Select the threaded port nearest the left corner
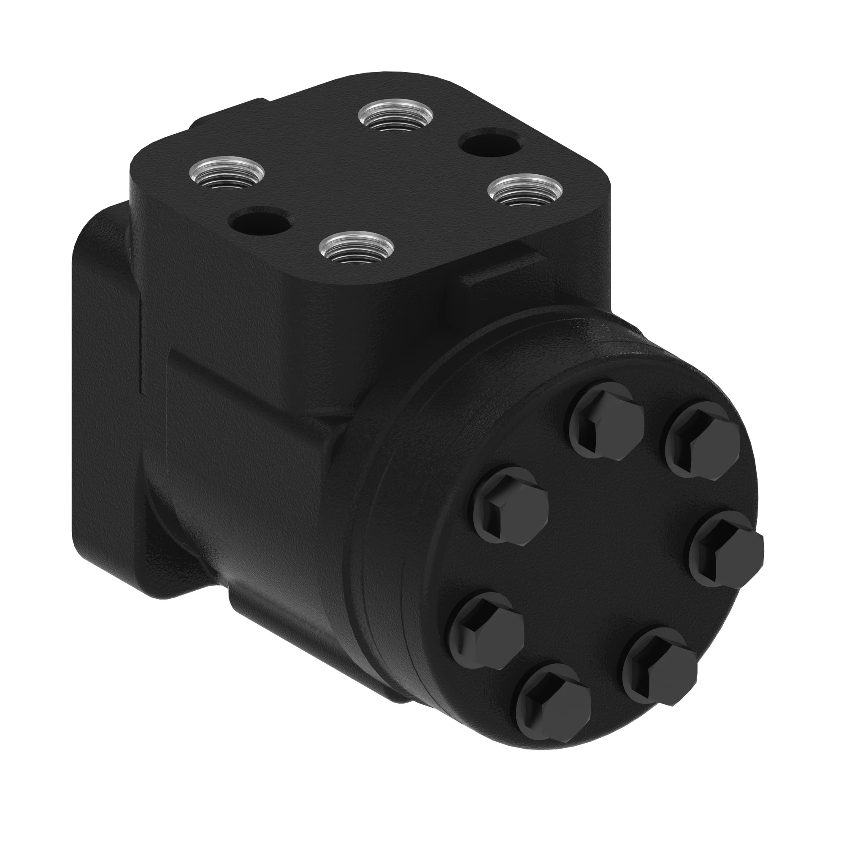(x=227, y=173)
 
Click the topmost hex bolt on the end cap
(x=607, y=420)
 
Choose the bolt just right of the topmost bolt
(x=702, y=438)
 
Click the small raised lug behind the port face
(x=227, y=111)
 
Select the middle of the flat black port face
(x=371, y=184)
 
